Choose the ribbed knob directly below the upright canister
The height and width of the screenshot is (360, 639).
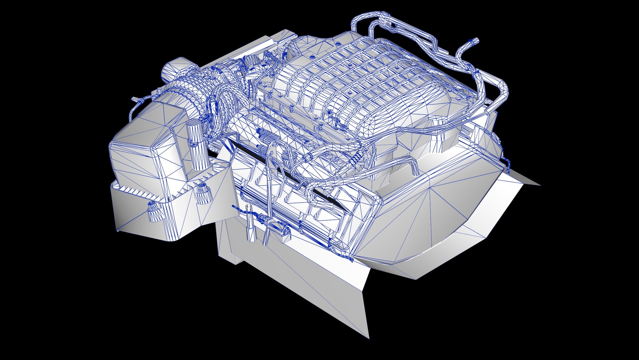click(x=203, y=194)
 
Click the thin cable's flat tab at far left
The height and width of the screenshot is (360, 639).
click(x=134, y=99)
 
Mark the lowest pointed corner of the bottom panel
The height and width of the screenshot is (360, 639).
click(x=368, y=337)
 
